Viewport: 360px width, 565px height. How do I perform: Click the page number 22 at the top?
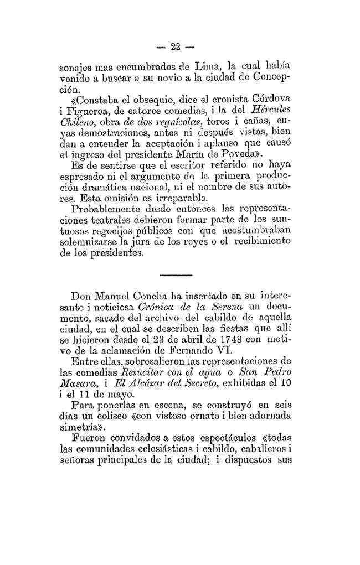tap(177, 46)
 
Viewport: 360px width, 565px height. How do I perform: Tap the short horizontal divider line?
tap(176, 274)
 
